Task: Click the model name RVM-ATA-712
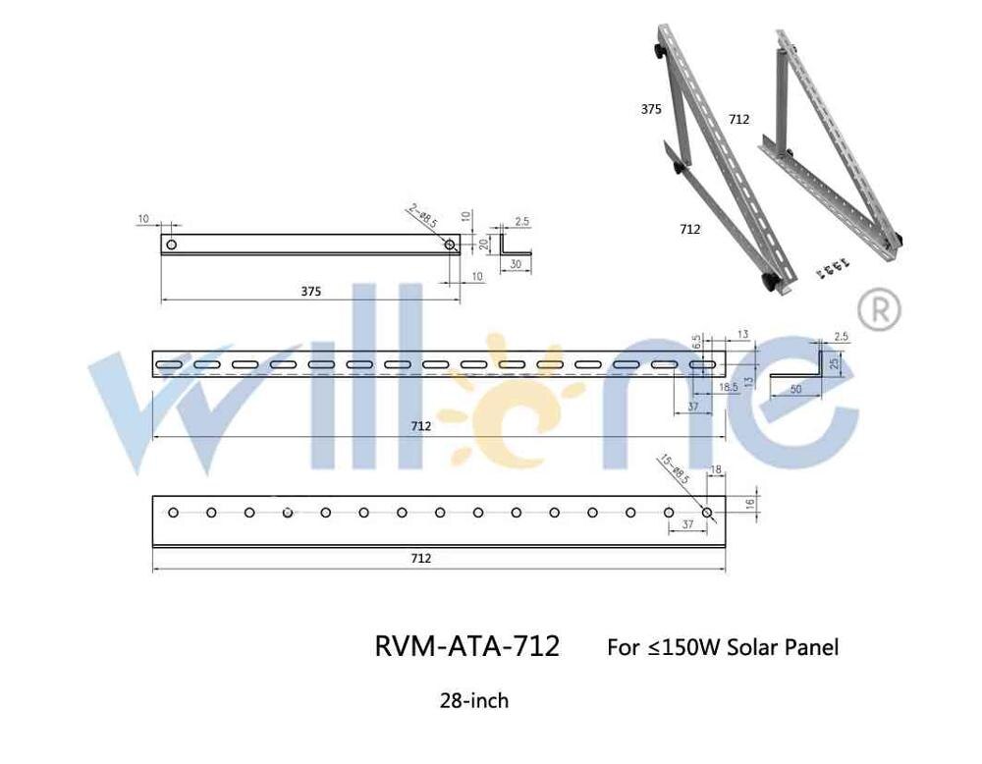pyautogui.click(x=467, y=647)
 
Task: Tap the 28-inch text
pyautogui.click(x=474, y=701)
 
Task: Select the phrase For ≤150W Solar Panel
pyautogui.click(x=723, y=648)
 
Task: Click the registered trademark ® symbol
pyautogui.click(x=879, y=309)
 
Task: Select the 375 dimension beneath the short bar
pyautogui.click(x=311, y=292)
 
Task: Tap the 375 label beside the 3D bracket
pyautogui.click(x=651, y=110)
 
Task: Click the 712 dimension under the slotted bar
pyautogui.click(x=421, y=426)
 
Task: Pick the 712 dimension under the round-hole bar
pyautogui.click(x=421, y=558)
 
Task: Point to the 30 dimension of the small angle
pyautogui.click(x=516, y=264)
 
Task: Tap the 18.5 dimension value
pyautogui.click(x=728, y=389)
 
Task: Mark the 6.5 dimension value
pyautogui.click(x=696, y=343)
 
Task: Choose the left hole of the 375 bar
pyautogui.click(x=171, y=244)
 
